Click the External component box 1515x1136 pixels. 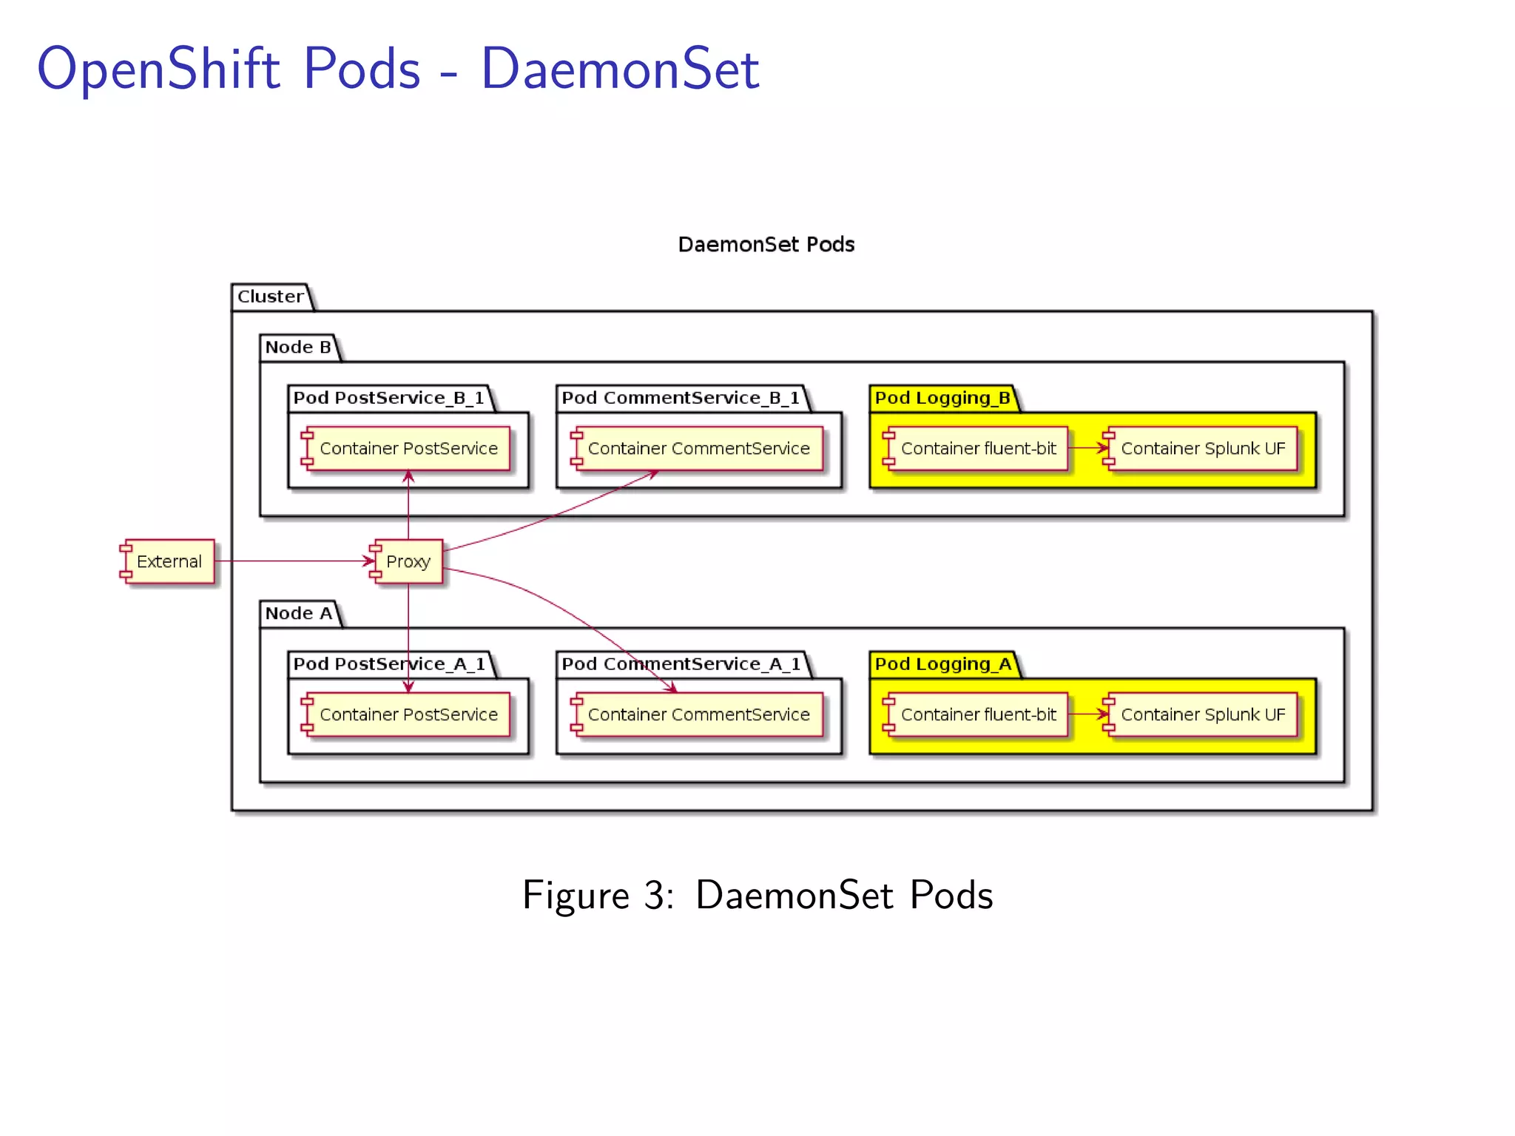tap(168, 561)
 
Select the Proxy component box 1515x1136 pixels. tap(408, 561)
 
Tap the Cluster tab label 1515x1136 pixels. tap(270, 297)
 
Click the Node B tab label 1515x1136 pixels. tap(298, 347)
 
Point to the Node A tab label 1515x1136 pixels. tap(299, 613)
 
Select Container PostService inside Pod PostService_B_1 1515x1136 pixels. tap(408, 448)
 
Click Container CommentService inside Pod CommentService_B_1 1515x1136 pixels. tap(698, 448)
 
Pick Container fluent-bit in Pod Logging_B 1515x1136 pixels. tap(977, 448)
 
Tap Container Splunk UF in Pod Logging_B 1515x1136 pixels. tap(1202, 448)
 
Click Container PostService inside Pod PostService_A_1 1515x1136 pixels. tap(408, 714)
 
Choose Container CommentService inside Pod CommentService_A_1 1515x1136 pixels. tap(698, 714)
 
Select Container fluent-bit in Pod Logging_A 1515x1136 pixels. tap(977, 714)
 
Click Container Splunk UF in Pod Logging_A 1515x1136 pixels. tap(1202, 714)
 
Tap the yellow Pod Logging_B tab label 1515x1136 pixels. tap(942, 398)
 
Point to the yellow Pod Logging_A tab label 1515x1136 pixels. tap(942, 664)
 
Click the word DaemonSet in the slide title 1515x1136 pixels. tap(620, 69)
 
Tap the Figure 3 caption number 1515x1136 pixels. tap(655, 895)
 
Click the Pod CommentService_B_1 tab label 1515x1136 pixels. tap(680, 398)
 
